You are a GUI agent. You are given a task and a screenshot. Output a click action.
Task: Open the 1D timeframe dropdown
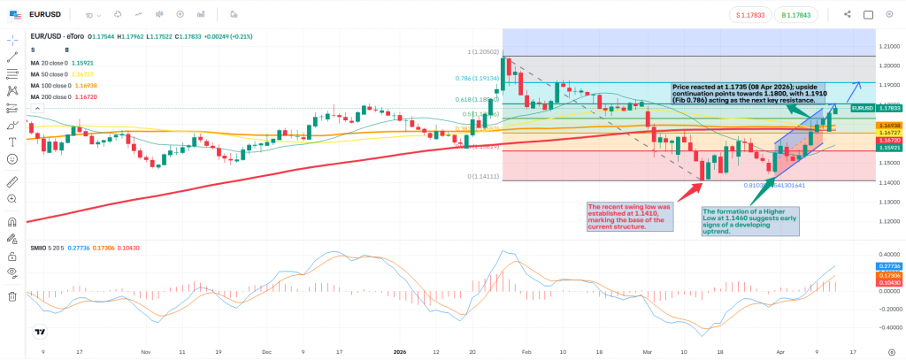coord(92,15)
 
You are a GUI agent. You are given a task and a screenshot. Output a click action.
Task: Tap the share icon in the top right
coord(848,14)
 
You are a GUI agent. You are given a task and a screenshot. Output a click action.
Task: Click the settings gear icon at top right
coord(892,14)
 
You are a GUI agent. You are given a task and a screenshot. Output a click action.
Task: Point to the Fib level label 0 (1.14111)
coord(483,177)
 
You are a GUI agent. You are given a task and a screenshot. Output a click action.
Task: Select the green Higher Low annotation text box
coord(750,221)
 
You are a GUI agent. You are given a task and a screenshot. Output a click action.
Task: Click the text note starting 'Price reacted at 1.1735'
coord(749,93)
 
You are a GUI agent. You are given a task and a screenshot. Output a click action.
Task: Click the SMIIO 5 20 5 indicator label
coord(51,249)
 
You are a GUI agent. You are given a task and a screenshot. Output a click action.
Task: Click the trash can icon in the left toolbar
coord(12,296)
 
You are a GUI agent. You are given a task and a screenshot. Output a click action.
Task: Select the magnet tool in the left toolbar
coord(12,222)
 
